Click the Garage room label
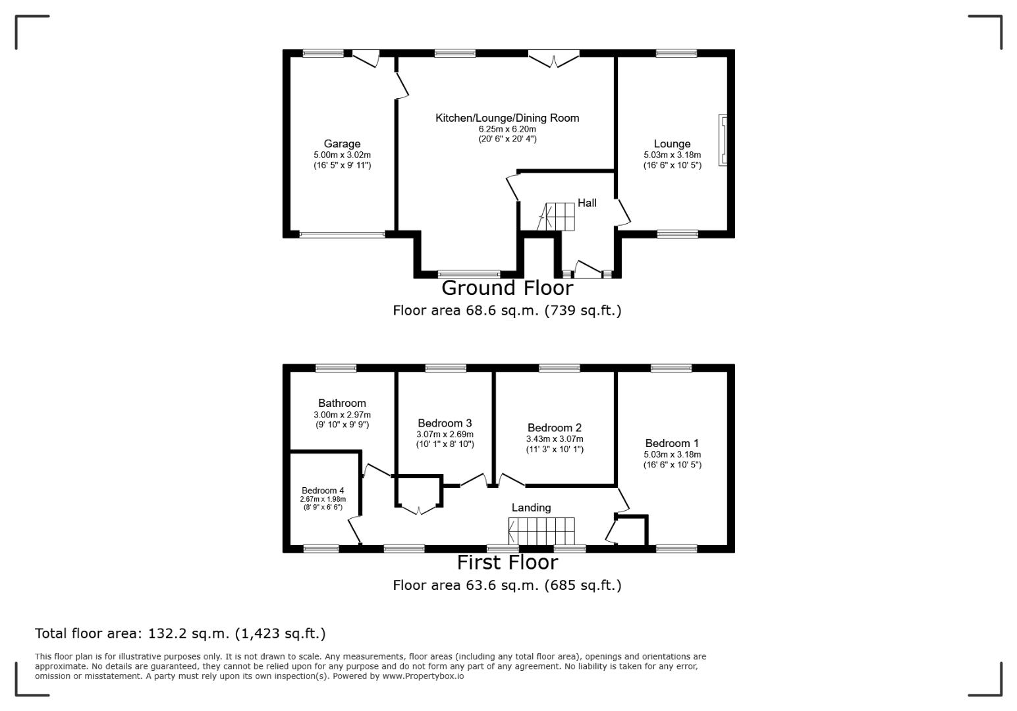(x=342, y=144)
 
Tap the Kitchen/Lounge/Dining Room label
(x=507, y=118)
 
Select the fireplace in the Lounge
(x=723, y=140)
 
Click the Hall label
(x=587, y=203)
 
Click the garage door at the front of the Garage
(x=342, y=234)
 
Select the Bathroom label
(x=342, y=403)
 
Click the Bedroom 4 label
(x=323, y=490)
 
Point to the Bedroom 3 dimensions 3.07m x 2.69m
(x=445, y=434)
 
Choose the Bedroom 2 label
(x=555, y=427)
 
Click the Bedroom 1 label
(x=672, y=443)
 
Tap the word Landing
(x=531, y=508)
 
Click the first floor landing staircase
(x=541, y=531)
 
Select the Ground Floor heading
(x=507, y=288)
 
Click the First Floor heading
(x=507, y=562)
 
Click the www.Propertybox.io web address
(x=423, y=676)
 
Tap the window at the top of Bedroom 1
(x=671, y=368)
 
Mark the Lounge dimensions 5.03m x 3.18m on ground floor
(x=672, y=155)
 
